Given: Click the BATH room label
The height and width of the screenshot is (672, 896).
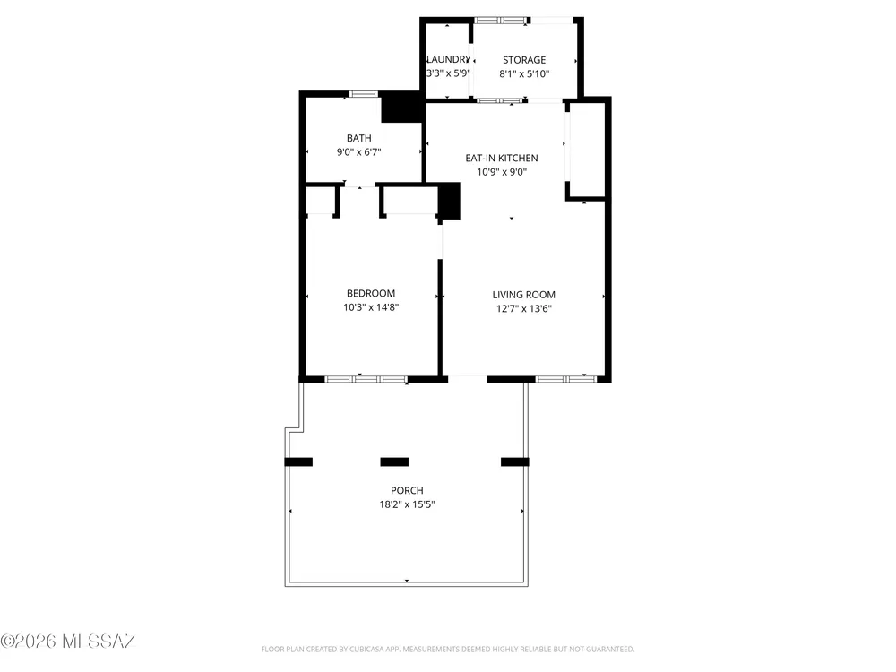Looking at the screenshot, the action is tap(359, 138).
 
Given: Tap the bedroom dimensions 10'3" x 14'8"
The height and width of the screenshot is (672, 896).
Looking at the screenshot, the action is tap(371, 307).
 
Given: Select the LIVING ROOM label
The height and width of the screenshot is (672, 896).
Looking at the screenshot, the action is tap(524, 295).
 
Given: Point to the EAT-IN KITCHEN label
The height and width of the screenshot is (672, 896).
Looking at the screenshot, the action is tap(502, 159).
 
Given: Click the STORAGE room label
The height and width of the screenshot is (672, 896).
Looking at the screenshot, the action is tap(524, 60).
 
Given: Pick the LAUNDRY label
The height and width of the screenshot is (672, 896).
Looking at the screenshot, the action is tap(449, 59).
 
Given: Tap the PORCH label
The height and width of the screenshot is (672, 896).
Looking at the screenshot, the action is tap(407, 490).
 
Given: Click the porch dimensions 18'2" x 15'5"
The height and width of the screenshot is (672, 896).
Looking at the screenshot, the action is tap(407, 504).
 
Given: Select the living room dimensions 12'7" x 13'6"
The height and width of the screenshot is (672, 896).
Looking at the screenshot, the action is tap(524, 309).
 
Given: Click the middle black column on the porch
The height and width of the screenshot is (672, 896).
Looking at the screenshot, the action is tap(394, 461).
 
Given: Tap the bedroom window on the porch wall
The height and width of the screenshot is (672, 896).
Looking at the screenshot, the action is tap(366, 379).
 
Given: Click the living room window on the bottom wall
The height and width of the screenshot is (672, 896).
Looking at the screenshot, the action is tap(566, 379).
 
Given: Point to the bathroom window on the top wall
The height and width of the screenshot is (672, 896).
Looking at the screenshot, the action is tap(364, 94).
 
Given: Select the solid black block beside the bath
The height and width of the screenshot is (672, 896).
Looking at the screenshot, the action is tap(402, 108).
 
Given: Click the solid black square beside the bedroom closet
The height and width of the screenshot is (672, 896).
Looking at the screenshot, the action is tap(449, 201).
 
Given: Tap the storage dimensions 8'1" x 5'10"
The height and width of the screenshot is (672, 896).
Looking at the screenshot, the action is tap(524, 73).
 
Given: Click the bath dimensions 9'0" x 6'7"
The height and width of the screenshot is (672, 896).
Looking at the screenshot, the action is tap(359, 152).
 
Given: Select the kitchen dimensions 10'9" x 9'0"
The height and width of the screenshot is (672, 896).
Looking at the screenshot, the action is tap(502, 172).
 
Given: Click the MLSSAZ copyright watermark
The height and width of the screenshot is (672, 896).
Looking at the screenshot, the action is tap(67, 642).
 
